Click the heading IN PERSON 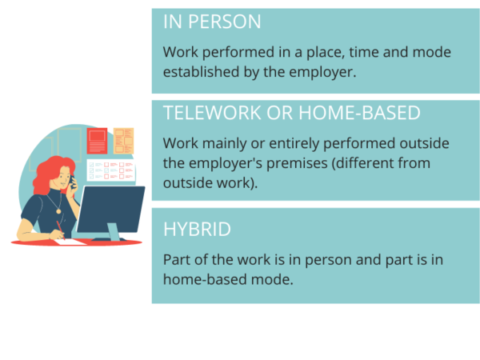pyautogui.click(x=212, y=22)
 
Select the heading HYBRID pyautogui.click(x=197, y=230)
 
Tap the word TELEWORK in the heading pyautogui.click(x=212, y=113)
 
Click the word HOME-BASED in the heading pyautogui.click(x=359, y=113)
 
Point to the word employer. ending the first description pyautogui.click(x=322, y=73)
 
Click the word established pyautogui.click(x=201, y=72)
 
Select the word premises pyautogui.click(x=297, y=164)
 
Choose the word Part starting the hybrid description pyautogui.click(x=177, y=259)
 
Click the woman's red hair pyautogui.click(x=50, y=174)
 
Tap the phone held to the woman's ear pyautogui.click(x=72, y=182)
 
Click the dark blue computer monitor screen pyautogui.click(x=111, y=209)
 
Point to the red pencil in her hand pyautogui.click(x=60, y=230)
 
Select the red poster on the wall pyautogui.click(x=97, y=141)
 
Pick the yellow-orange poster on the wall pyautogui.click(x=124, y=141)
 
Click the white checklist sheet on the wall pyautogui.click(x=111, y=170)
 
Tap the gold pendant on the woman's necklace pyautogui.click(x=58, y=211)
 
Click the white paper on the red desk pyautogui.click(x=70, y=242)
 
